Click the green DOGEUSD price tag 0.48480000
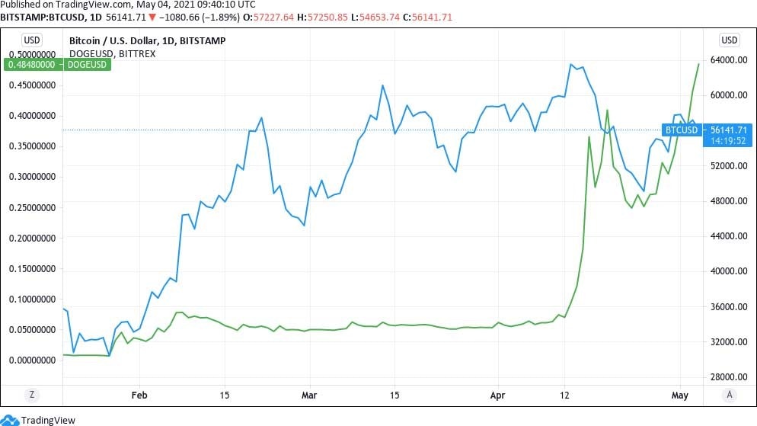57,66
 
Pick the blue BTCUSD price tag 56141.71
708,130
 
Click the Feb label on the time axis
139,396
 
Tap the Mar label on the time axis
308,396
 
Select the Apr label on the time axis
497,396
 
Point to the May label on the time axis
680,396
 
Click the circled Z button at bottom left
31,395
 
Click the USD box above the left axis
31,40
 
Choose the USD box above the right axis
729,40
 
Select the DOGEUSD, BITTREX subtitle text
104,53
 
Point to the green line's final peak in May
698,64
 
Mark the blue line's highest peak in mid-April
570,64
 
